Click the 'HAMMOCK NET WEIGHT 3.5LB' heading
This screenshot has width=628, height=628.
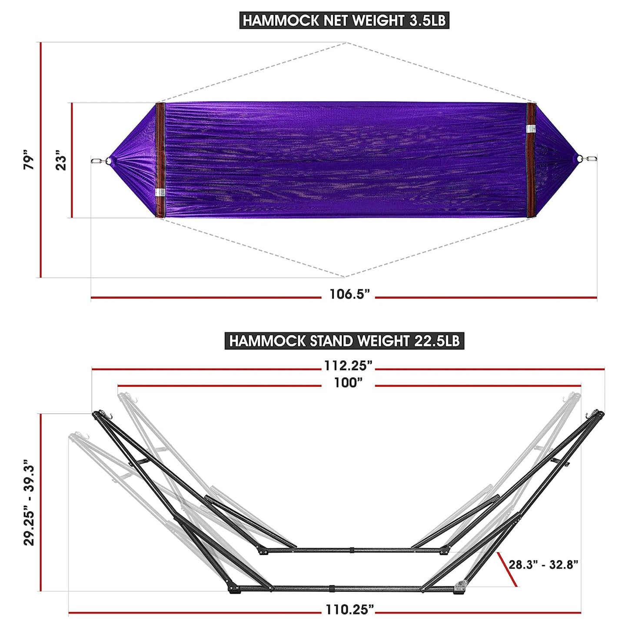pos(344,20)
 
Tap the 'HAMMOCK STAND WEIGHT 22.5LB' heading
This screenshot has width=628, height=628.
pos(344,341)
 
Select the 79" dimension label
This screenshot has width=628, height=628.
pos(28,160)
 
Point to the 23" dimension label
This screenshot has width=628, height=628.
pos(61,160)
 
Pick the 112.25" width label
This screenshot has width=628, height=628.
pos(348,366)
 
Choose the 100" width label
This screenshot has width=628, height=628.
pos(348,383)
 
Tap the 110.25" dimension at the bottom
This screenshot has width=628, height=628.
pos(349,610)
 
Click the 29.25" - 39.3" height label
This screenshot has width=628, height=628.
pos(29,503)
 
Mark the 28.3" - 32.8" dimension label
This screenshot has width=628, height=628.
pos(543,565)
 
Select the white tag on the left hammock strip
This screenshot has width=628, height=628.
pos(159,193)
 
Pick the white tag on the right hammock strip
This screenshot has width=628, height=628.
pos(531,129)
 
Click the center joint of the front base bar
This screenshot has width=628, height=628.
pos(331,588)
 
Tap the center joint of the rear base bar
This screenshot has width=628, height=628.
pos(352,550)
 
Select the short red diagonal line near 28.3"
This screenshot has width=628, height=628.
pos(507,569)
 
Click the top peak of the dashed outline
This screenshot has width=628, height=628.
pos(346,43)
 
